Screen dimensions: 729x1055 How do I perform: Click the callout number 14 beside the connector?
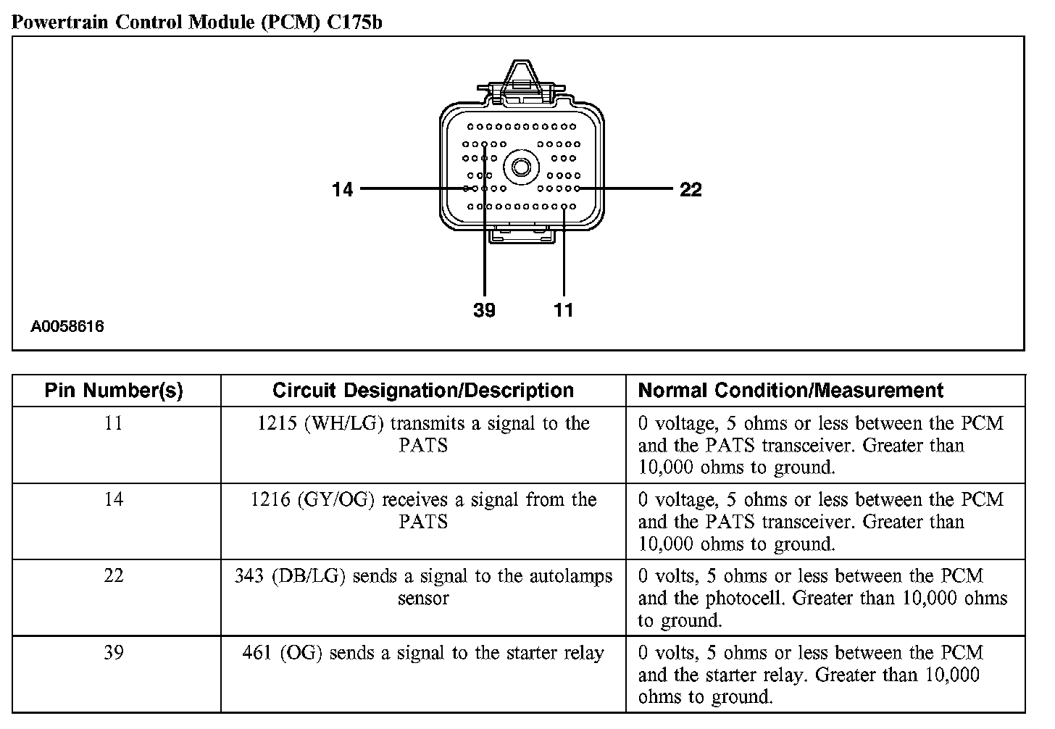click(x=342, y=189)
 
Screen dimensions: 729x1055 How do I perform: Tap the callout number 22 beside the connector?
click(x=691, y=189)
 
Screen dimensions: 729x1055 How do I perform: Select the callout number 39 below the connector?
click(x=484, y=310)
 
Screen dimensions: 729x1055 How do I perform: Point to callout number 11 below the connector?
click(x=564, y=310)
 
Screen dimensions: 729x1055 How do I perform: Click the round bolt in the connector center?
click(x=520, y=168)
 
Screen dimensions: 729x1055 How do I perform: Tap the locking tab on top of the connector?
click(x=520, y=78)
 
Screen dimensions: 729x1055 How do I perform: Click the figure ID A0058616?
click(x=67, y=326)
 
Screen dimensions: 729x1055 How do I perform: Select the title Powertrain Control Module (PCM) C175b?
click(x=197, y=22)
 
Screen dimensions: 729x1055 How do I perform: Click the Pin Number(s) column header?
click(x=114, y=391)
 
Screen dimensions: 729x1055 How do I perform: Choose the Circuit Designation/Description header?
click(x=423, y=391)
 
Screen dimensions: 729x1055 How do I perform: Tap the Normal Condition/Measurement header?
click(x=791, y=391)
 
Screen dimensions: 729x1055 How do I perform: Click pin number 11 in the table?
click(x=114, y=423)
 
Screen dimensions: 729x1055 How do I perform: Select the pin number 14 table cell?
click(x=114, y=499)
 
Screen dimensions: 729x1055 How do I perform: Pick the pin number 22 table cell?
click(x=114, y=576)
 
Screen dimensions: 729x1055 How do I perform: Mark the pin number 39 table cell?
click(x=114, y=653)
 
